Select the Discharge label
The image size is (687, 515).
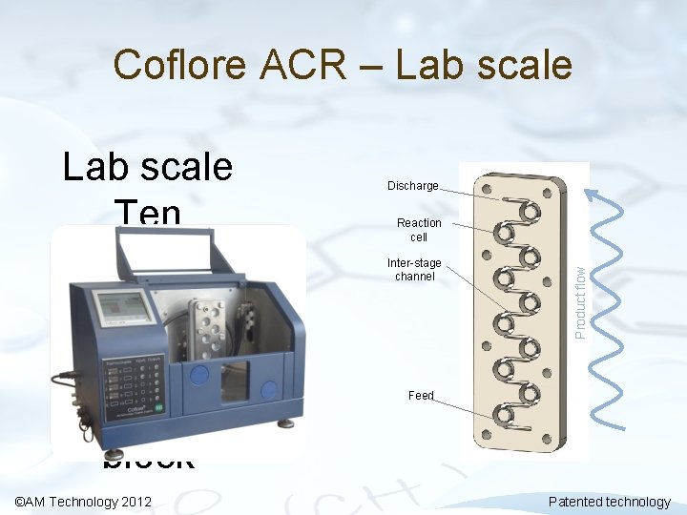coord(412,186)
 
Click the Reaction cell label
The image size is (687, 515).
coord(419,230)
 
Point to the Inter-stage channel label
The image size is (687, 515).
coord(414,270)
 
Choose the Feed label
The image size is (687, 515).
coord(421,395)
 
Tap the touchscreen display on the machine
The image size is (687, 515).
coord(125,307)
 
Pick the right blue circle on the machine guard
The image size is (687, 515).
coord(270,389)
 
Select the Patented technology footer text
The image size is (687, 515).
coord(610,502)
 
